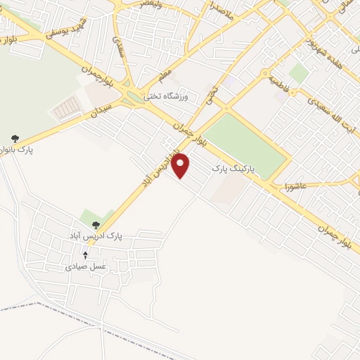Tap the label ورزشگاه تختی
(163, 96)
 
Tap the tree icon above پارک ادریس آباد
(96, 225)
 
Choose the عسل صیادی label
(84, 266)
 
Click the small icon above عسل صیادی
(85, 255)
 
